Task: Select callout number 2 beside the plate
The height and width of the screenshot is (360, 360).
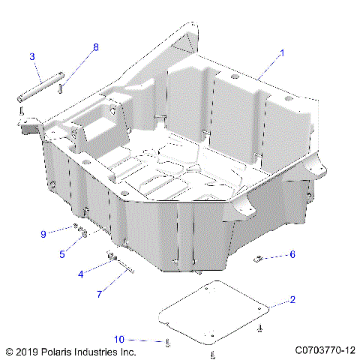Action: tap(292, 300)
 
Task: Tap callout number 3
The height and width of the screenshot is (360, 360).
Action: tap(32, 56)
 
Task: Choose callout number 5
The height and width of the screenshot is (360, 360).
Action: tap(62, 253)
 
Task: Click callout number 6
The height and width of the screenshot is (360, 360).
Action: tap(292, 254)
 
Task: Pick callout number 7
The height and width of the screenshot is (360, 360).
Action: tap(98, 294)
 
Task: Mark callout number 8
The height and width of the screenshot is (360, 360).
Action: tap(95, 47)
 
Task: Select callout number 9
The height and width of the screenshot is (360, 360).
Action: tap(44, 234)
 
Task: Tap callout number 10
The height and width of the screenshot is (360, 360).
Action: tap(118, 340)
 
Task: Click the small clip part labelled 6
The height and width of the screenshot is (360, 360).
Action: tap(259, 259)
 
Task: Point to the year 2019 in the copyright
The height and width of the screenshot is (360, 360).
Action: tap(27, 351)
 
